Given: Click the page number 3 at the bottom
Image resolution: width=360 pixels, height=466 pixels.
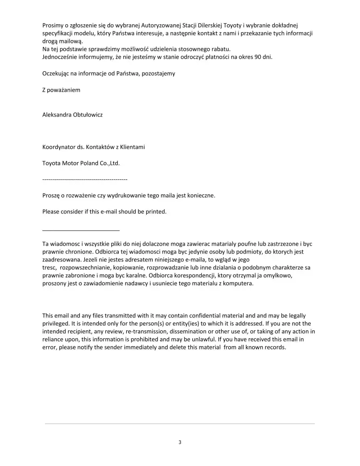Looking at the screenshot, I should coord(180,442).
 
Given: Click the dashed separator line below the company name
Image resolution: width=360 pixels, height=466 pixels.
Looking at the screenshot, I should coord(85,179).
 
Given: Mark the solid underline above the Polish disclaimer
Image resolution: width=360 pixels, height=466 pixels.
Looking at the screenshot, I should coord(81,230).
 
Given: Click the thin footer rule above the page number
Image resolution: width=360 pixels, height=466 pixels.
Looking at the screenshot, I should coord(180,424).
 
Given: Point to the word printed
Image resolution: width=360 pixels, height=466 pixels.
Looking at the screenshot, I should coord(155,212).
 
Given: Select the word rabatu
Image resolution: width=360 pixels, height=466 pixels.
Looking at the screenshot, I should coord(221,49).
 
